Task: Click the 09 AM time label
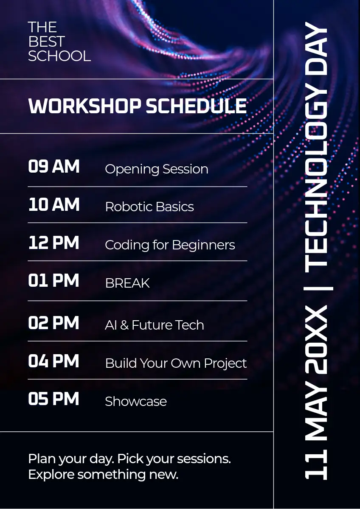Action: [x=54, y=166]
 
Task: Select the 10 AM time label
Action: [x=54, y=204]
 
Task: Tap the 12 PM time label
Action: [x=53, y=243]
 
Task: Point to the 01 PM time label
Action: [x=53, y=280]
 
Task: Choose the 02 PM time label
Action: [x=53, y=323]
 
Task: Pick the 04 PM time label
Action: [x=53, y=361]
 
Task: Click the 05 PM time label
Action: [x=53, y=399]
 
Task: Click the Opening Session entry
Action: [x=157, y=170]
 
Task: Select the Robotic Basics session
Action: [x=149, y=207]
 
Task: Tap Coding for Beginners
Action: [x=170, y=245]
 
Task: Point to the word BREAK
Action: [x=127, y=283]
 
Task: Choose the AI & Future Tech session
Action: [x=155, y=325]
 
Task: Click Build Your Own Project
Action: [x=176, y=364]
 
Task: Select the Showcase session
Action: [x=136, y=401]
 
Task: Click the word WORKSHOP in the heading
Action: [x=84, y=106]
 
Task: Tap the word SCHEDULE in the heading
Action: [x=196, y=106]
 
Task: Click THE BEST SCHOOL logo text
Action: [x=59, y=42]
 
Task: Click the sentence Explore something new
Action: [x=103, y=475]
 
